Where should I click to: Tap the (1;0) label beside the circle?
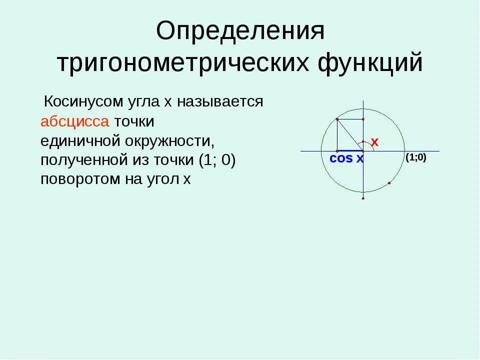click(x=415, y=157)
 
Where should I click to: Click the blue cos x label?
click(x=346, y=159)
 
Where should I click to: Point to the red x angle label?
click(x=374, y=142)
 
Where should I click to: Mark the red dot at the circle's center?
click(x=363, y=150)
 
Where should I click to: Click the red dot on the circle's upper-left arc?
click(x=337, y=119)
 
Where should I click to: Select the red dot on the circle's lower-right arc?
click(x=389, y=183)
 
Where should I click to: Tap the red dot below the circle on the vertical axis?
click(x=363, y=198)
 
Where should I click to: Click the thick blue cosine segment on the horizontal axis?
click(x=350, y=150)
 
